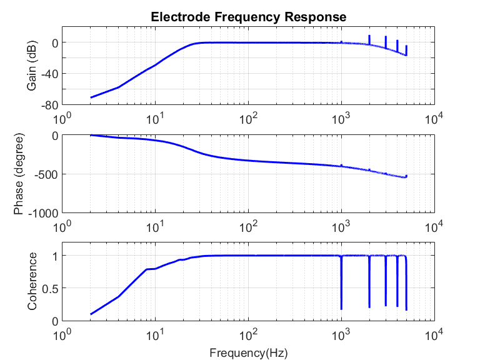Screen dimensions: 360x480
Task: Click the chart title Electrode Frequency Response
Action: pyautogui.click(x=248, y=17)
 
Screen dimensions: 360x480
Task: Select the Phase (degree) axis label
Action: pyautogui.click(x=19, y=174)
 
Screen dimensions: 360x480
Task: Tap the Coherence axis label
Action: pyautogui.click(x=32, y=281)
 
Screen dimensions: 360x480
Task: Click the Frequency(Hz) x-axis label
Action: pyautogui.click(x=248, y=353)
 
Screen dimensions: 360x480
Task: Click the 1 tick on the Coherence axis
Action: pyautogui.click(x=54, y=256)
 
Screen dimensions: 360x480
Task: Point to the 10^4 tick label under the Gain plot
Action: pyautogui.click(x=434, y=117)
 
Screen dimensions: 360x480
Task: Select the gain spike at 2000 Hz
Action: pyautogui.click(x=369, y=37)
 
